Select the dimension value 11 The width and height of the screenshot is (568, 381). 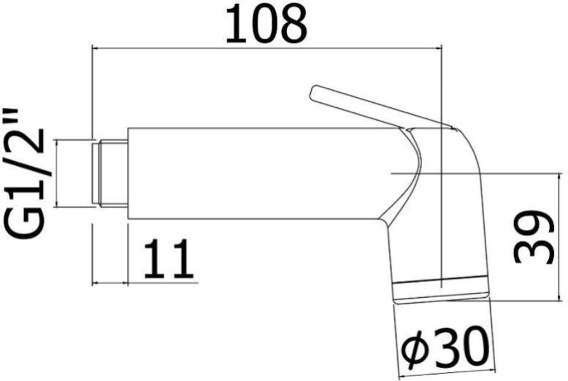tap(168, 260)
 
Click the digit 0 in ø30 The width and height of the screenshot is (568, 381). tap(473, 347)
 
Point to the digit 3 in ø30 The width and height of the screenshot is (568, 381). tap(445, 347)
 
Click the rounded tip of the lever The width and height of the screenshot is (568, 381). tap(313, 93)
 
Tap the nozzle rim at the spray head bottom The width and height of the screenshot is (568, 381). tap(442, 291)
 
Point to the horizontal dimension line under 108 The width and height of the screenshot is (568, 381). tap(267, 47)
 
